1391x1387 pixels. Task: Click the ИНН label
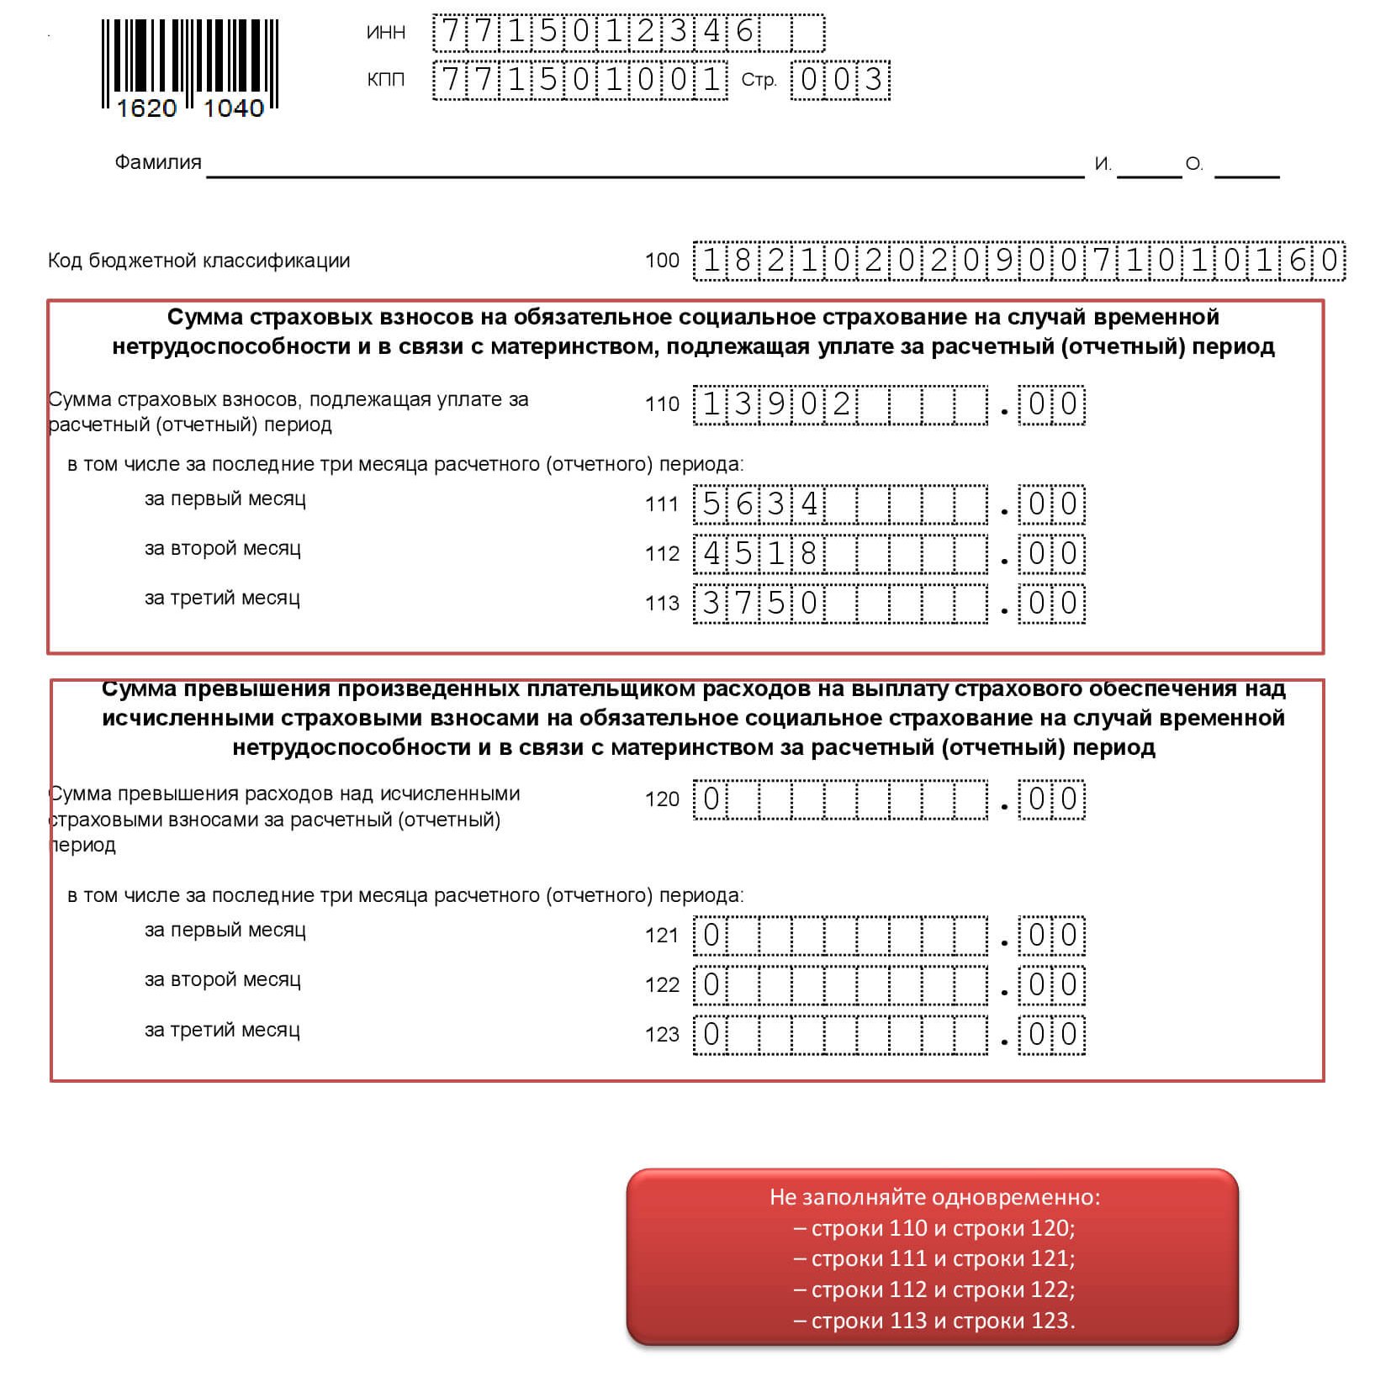(x=386, y=33)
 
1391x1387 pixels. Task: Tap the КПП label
(x=386, y=80)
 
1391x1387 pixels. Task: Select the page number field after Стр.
(x=839, y=80)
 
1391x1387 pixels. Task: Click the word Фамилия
(x=158, y=162)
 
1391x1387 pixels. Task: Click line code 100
(x=662, y=261)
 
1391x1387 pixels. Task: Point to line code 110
(x=662, y=404)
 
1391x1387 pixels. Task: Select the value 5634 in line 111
(x=759, y=504)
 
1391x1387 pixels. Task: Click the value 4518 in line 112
(x=759, y=554)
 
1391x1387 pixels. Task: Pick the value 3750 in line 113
(x=759, y=604)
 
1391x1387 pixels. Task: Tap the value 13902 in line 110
(x=775, y=404)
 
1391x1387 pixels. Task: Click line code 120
(x=662, y=799)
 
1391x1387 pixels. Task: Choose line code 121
(x=662, y=936)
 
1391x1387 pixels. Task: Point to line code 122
(x=662, y=985)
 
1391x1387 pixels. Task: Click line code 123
(x=662, y=1035)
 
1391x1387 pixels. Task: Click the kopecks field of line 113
(x=1051, y=604)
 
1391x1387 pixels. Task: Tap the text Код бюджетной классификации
(x=198, y=261)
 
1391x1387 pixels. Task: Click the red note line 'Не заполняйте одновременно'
(x=934, y=1197)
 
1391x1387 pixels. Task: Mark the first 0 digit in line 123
(x=711, y=1035)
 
